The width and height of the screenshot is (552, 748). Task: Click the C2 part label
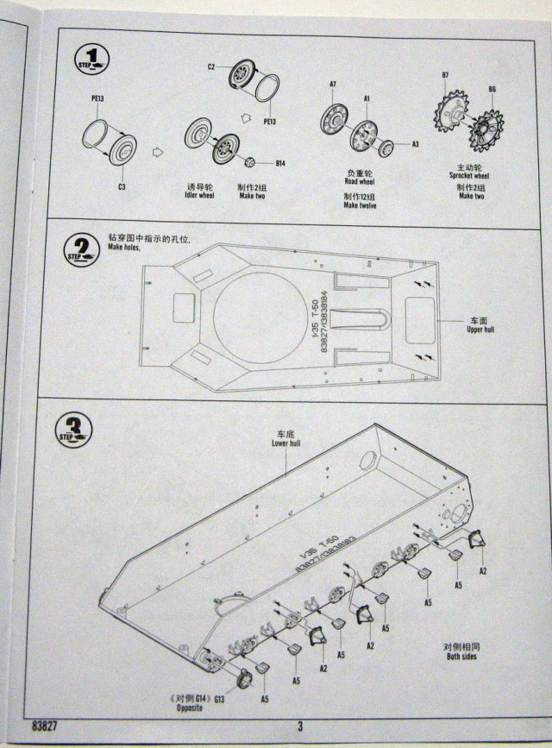click(211, 66)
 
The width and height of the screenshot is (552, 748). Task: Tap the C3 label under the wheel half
click(122, 186)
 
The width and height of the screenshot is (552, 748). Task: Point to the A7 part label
click(332, 83)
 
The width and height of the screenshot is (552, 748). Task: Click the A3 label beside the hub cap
click(416, 144)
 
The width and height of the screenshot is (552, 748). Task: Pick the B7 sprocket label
click(445, 75)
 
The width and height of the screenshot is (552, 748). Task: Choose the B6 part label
click(492, 89)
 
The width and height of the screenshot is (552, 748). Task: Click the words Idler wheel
click(199, 196)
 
